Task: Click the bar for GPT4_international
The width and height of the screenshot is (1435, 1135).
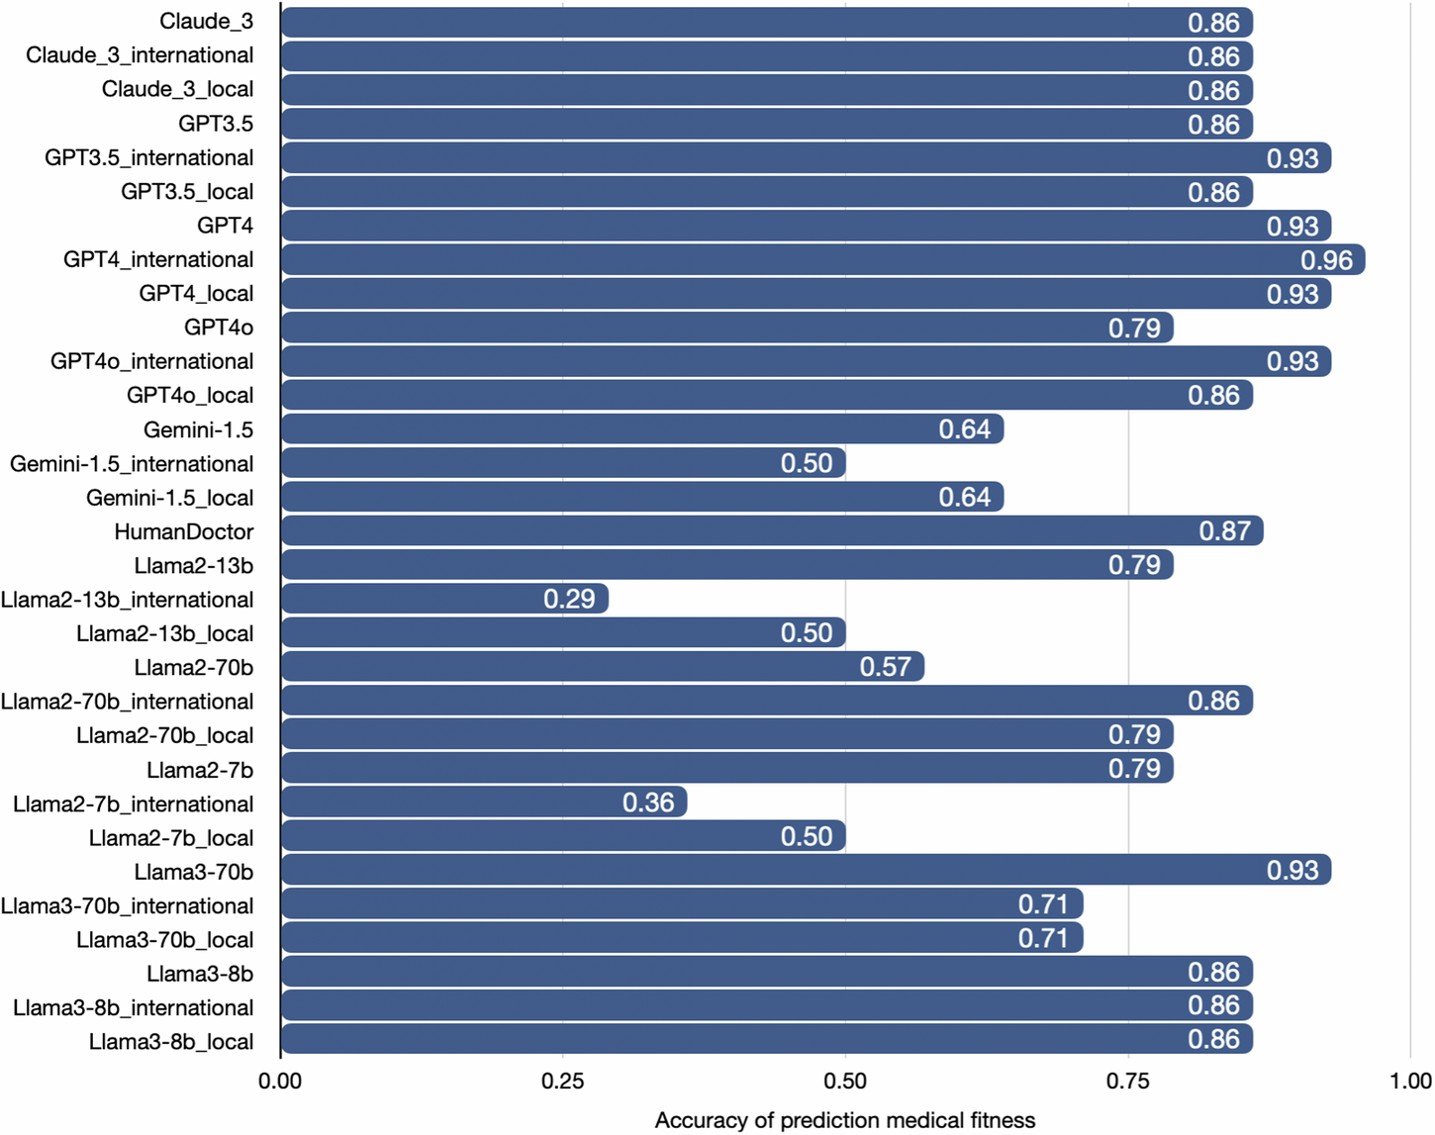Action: [x=821, y=259]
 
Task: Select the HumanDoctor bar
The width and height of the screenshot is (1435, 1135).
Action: [x=772, y=531]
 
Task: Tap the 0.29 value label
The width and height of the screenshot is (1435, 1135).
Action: [x=569, y=599]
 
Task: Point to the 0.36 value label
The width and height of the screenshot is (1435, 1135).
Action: [x=648, y=803]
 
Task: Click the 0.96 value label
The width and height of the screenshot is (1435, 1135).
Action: [x=1326, y=260]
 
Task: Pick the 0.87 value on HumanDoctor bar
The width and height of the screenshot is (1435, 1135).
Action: [x=1225, y=531]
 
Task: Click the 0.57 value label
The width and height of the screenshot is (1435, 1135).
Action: [x=885, y=667]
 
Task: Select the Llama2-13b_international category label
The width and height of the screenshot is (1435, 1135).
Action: [x=127, y=600]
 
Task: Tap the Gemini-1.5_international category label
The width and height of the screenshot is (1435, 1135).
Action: [x=132, y=464]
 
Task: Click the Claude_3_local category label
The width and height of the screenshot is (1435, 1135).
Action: [x=177, y=90]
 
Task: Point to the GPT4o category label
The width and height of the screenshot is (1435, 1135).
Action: [x=219, y=328]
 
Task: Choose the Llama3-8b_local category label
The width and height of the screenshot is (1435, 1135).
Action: [x=171, y=1042]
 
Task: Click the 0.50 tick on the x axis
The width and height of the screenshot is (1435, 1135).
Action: [x=845, y=1082]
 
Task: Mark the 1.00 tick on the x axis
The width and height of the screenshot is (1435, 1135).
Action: [x=1410, y=1082]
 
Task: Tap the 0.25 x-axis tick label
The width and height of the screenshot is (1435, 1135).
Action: [x=563, y=1082]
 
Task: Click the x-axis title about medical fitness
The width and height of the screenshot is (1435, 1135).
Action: [x=845, y=1120]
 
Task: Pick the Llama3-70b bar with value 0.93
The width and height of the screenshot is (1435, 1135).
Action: [x=806, y=871]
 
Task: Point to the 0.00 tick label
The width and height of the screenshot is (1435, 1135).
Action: [x=280, y=1082]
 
